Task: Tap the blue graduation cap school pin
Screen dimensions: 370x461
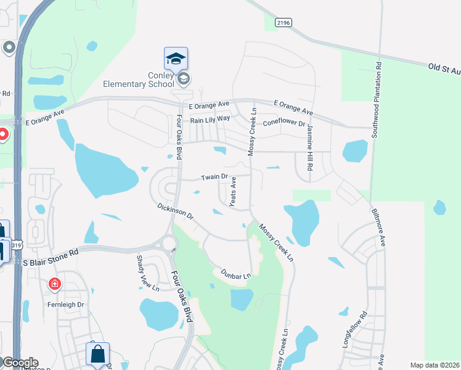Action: [x=176, y=59]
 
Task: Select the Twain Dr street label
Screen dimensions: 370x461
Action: [x=215, y=178]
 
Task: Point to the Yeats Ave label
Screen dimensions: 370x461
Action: [x=233, y=193]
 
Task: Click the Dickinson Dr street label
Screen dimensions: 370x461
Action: [x=175, y=212]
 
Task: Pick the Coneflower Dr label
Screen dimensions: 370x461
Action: [x=284, y=123]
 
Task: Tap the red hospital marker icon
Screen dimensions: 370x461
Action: [x=55, y=284]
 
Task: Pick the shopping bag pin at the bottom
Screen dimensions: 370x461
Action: [x=97, y=355]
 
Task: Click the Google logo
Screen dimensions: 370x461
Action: [x=20, y=363]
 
